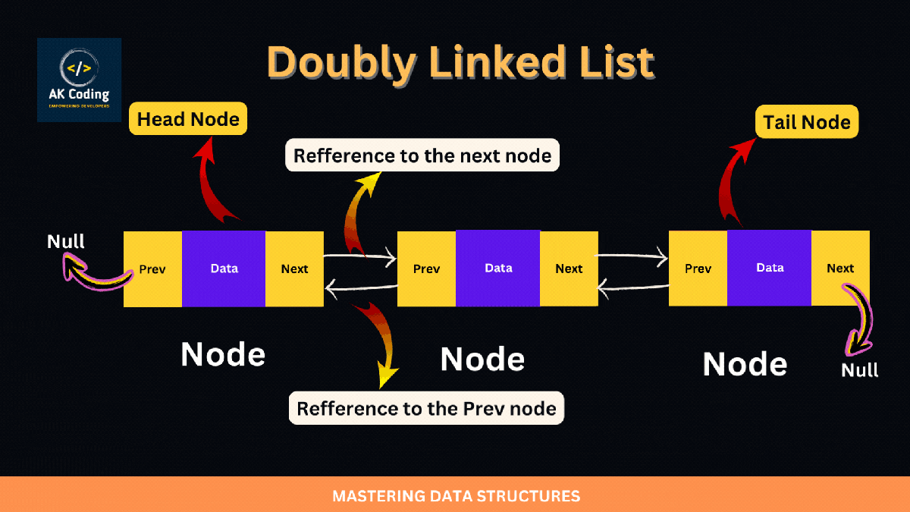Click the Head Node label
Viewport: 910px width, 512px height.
188,119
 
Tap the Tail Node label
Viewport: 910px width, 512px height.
807,122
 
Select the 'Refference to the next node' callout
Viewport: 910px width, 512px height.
422,156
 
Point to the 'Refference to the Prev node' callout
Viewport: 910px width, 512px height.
426,409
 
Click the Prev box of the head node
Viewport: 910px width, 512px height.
152,269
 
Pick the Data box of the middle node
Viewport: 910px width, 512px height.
498,268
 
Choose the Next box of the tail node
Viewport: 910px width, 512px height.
840,268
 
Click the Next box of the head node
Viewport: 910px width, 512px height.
294,269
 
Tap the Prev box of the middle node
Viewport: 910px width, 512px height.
427,269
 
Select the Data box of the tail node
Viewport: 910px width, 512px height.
770,268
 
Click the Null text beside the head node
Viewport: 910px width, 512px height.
66,241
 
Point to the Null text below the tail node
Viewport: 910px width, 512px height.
860,370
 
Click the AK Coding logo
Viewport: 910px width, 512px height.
79,80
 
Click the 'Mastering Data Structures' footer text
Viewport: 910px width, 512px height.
456,497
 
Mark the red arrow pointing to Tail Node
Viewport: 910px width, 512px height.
728,182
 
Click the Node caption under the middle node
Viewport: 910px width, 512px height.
482,359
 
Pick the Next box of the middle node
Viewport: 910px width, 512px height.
569,269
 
